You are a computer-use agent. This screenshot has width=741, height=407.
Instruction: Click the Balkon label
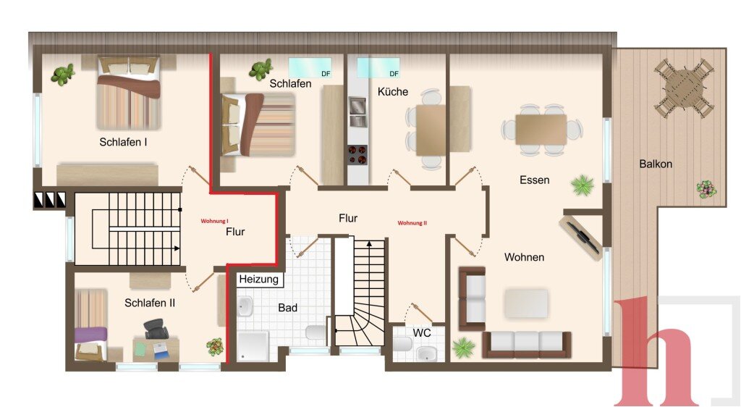click(656, 164)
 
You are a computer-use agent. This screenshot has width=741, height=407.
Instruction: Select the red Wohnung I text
click(214, 221)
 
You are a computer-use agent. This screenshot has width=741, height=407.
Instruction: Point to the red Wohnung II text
click(412, 222)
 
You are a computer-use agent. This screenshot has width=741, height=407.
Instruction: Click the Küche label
click(393, 92)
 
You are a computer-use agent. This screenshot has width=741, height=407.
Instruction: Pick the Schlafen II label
click(150, 303)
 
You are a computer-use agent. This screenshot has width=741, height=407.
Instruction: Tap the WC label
click(422, 333)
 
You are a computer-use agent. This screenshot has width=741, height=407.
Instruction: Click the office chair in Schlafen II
click(156, 329)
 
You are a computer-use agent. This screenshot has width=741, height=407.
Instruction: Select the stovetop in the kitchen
click(357, 154)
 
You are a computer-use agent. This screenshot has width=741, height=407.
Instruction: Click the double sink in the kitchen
click(357, 112)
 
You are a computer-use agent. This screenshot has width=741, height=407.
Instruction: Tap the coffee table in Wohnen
click(526, 303)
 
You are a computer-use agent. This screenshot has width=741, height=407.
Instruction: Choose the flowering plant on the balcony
click(706, 190)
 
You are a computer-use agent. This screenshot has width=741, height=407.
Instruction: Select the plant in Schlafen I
click(64, 75)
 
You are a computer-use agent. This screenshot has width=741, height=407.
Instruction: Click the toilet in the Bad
click(316, 332)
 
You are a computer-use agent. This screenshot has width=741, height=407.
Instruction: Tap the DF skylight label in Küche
click(394, 74)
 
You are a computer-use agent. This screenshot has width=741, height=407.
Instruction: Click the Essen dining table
click(541, 130)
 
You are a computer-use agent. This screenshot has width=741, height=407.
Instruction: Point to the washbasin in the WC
click(428, 353)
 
